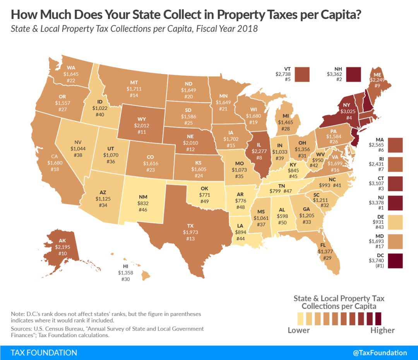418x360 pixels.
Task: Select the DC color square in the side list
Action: click(394, 261)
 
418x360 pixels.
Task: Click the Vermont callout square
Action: click(302, 74)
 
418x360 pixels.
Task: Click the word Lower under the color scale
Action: click(299, 330)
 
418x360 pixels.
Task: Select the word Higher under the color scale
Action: click(382, 330)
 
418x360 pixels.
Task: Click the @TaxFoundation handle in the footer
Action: click(380, 353)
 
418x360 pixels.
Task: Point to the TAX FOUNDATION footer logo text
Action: click(44, 353)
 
